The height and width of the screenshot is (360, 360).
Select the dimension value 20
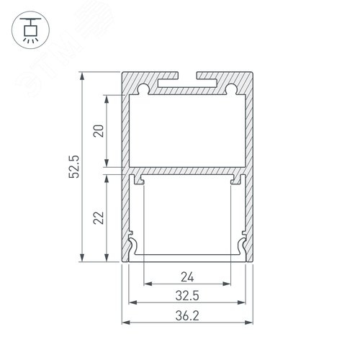(x=99, y=130)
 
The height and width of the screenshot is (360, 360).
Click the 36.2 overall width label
(x=188, y=314)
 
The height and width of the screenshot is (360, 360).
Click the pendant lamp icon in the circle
(x=30, y=30)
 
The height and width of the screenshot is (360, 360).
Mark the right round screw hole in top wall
(x=232, y=89)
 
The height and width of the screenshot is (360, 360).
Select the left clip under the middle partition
(x=143, y=179)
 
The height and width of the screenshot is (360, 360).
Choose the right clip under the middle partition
(x=234, y=179)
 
